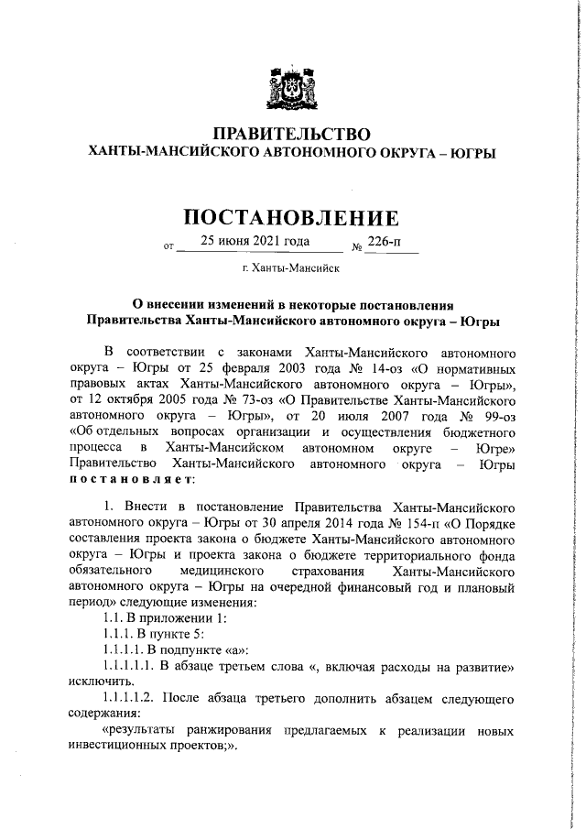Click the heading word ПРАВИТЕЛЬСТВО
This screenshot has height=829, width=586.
coord(292,134)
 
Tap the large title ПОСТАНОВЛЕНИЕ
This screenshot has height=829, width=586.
coord(292,218)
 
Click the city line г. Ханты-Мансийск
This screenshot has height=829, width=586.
coord(291,268)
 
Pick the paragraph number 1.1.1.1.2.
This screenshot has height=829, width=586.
coord(129,699)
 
